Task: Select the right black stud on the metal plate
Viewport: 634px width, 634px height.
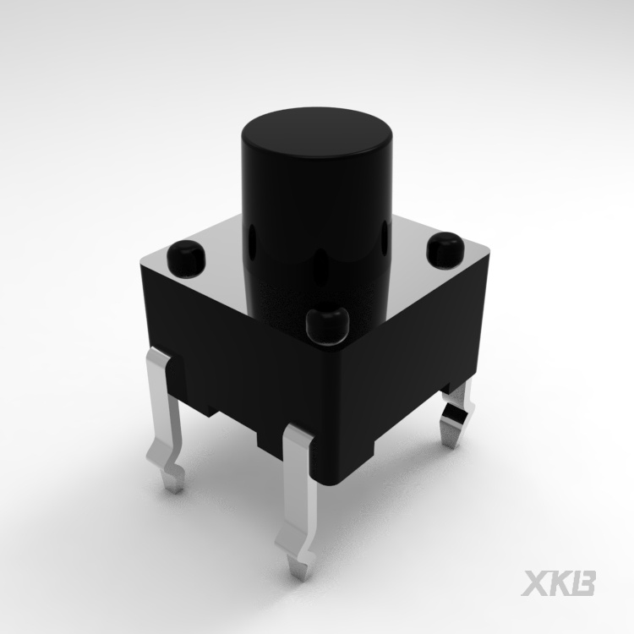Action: tap(445, 249)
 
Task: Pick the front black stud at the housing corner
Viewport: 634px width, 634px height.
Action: tap(326, 324)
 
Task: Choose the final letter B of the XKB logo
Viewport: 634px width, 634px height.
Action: tap(584, 583)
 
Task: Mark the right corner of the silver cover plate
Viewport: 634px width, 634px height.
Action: tap(489, 254)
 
